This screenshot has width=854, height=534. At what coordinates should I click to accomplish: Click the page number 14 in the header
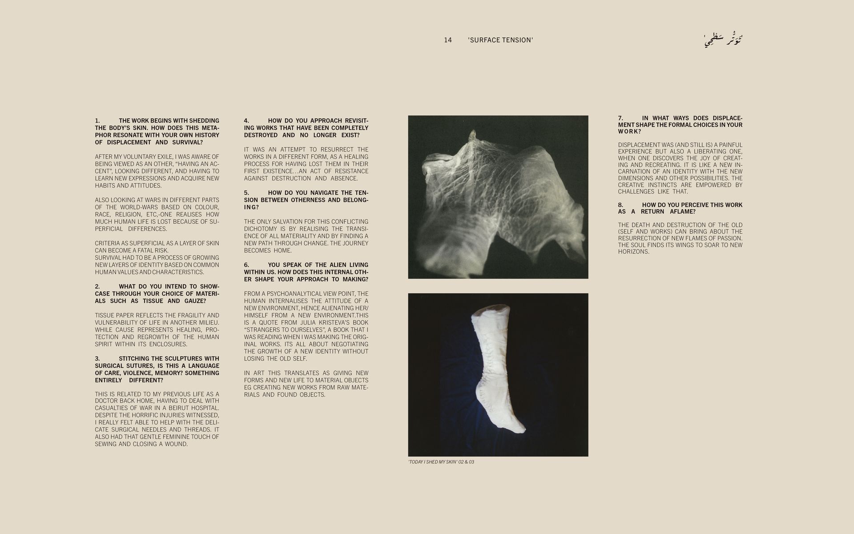[447, 40]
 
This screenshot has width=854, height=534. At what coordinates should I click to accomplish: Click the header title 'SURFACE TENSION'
[500, 40]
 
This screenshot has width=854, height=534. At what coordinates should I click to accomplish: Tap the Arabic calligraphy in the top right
[724, 40]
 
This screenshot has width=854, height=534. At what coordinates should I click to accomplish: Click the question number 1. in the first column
[97, 121]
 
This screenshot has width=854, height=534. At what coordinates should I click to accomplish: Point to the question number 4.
[246, 121]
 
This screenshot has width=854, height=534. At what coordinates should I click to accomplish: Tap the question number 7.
[620, 118]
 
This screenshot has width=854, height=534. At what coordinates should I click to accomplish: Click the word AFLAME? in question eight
[683, 212]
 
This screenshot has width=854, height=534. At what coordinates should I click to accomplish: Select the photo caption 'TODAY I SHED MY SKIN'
[441, 462]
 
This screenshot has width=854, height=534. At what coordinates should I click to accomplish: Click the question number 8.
[620, 205]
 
